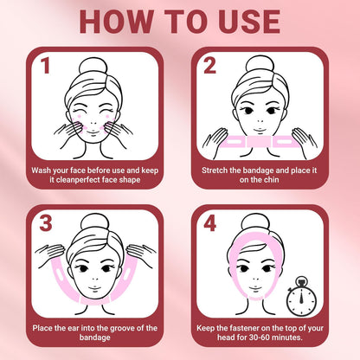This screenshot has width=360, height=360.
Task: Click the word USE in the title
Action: (x=249, y=22)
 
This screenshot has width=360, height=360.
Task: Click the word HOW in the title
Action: (x=116, y=22)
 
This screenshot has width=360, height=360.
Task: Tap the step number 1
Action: (x=46, y=66)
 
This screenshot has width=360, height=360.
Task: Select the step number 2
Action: (x=209, y=66)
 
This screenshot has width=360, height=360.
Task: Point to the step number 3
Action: (x=46, y=223)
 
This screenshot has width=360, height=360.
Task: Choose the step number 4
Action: (x=209, y=223)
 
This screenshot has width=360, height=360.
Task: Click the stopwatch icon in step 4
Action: (x=301, y=296)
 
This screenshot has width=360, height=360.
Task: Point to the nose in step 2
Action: (x=260, y=121)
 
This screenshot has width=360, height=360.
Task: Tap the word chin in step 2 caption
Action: (x=271, y=180)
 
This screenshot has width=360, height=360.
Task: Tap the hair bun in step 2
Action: (x=260, y=66)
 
